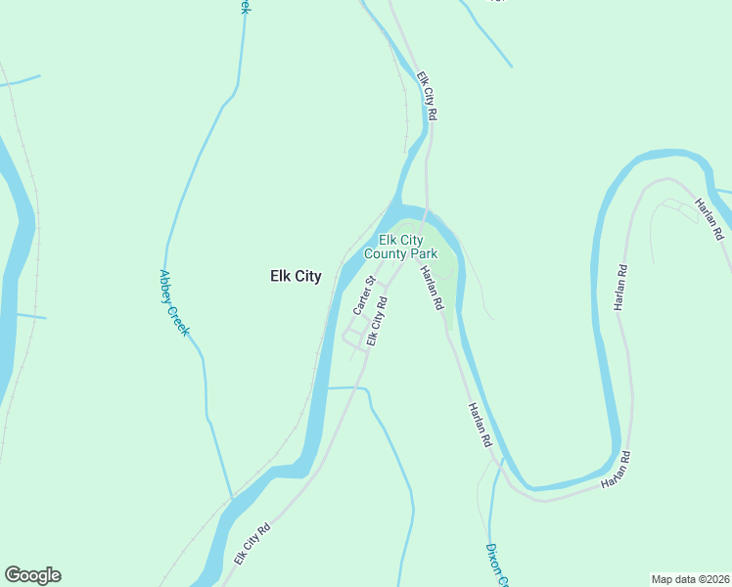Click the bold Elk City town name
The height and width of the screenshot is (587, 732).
click(x=295, y=277)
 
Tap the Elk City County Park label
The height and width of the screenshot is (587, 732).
click(x=400, y=247)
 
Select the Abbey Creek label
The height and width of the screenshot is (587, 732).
click(x=173, y=304)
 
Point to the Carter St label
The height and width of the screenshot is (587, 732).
click(x=364, y=294)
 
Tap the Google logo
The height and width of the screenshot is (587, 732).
click(x=32, y=575)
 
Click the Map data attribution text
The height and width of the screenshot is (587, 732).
click(x=690, y=579)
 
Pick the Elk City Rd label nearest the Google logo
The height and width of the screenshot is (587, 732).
click(x=252, y=545)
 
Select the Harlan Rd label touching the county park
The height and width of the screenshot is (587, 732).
click(x=432, y=289)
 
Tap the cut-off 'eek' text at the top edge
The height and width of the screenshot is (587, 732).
click(x=243, y=6)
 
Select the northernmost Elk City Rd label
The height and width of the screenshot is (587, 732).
click(x=426, y=95)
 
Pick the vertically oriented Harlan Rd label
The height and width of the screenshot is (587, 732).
click(x=619, y=288)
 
